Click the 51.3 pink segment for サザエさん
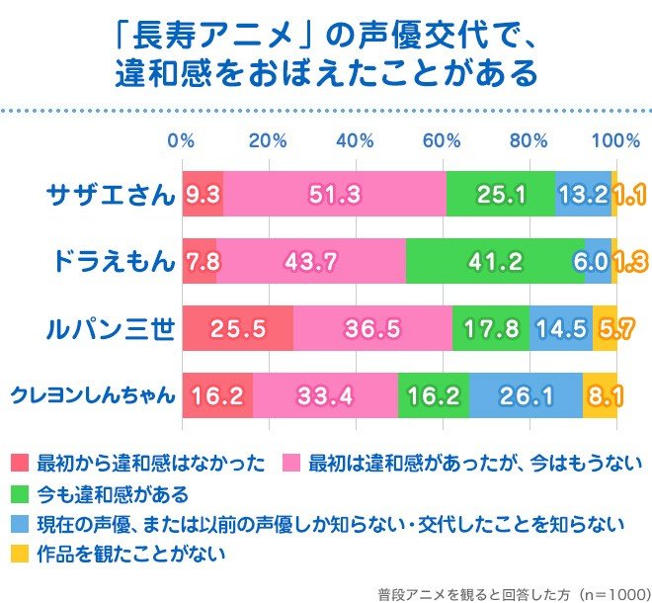coord(334,195)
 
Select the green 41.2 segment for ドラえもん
coord(495,262)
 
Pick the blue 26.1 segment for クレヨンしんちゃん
coord(526,396)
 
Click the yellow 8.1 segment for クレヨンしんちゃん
coord(600,396)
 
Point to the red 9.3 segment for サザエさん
coord(203,195)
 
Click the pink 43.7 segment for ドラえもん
coord(310,262)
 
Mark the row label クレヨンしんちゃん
coord(93,396)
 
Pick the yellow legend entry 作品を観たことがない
coord(122,555)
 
